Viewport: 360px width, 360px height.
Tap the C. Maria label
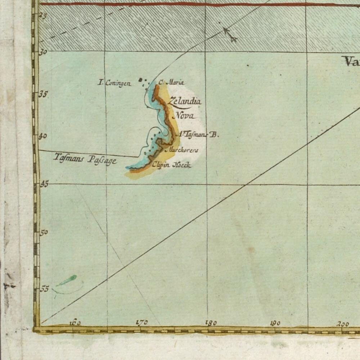pos(171,82)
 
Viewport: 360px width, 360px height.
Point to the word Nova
pos(184,116)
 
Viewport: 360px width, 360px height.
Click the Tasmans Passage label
pos(85,158)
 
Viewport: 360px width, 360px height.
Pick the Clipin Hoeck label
pos(171,165)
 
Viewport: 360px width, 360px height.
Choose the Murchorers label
pos(181,150)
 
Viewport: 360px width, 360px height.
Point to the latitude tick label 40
pos(44,136)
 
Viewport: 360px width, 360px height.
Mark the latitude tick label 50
pos(44,233)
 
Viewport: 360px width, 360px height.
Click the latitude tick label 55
pos(44,288)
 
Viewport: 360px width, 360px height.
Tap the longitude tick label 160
pos(75,323)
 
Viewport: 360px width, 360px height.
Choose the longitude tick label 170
pos(142,322)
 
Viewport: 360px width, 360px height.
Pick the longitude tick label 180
pos(211,323)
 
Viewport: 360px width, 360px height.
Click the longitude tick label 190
pos(275,323)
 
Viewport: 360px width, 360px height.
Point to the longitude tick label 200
pos(343,324)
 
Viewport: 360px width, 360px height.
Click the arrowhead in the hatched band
pos(230,35)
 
